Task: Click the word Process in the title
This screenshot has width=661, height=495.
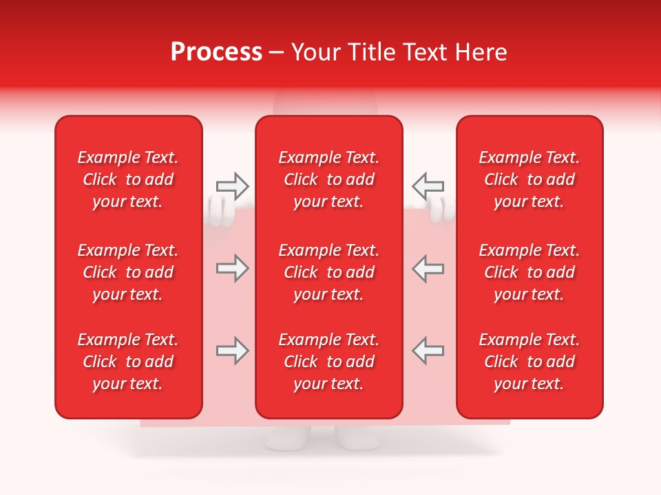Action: click(x=216, y=52)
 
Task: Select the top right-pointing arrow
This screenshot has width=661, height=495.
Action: click(x=232, y=186)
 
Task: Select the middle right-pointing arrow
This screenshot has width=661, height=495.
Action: click(x=232, y=268)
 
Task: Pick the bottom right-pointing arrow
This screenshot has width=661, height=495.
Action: click(x=232, y=351)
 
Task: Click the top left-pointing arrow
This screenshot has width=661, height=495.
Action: click(x=428, y=186)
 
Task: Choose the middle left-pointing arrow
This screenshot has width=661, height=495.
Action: click(x=428, y=268)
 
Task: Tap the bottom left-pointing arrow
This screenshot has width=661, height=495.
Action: click(x=428, y=351)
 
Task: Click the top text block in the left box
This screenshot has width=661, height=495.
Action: click(x=128, y=179)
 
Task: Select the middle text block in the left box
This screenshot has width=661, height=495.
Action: click(x=128, y=272)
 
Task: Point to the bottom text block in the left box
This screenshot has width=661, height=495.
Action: click(x=128, y=362)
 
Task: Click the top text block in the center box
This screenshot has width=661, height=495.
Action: click(x=328, y=179)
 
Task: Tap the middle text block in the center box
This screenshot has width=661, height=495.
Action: click(x=328, y=272)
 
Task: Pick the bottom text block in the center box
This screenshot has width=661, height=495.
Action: click(x=328, y=362)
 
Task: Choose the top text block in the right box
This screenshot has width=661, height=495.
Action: click(x=529, y=179)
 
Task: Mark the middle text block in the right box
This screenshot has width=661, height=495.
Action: click(x=529, y=272)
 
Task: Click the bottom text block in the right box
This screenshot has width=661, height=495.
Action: click(x=529, y=362)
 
